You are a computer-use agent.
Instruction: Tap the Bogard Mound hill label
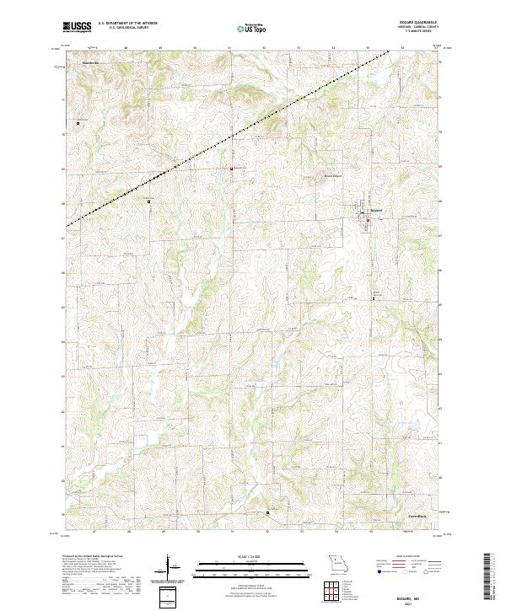coord(335,175)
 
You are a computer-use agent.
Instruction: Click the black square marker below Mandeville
coord(78,123)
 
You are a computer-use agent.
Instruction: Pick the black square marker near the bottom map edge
coord(268,512)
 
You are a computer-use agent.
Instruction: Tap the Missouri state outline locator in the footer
coord(336,563)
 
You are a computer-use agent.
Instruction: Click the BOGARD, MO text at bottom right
coord(420,594)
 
